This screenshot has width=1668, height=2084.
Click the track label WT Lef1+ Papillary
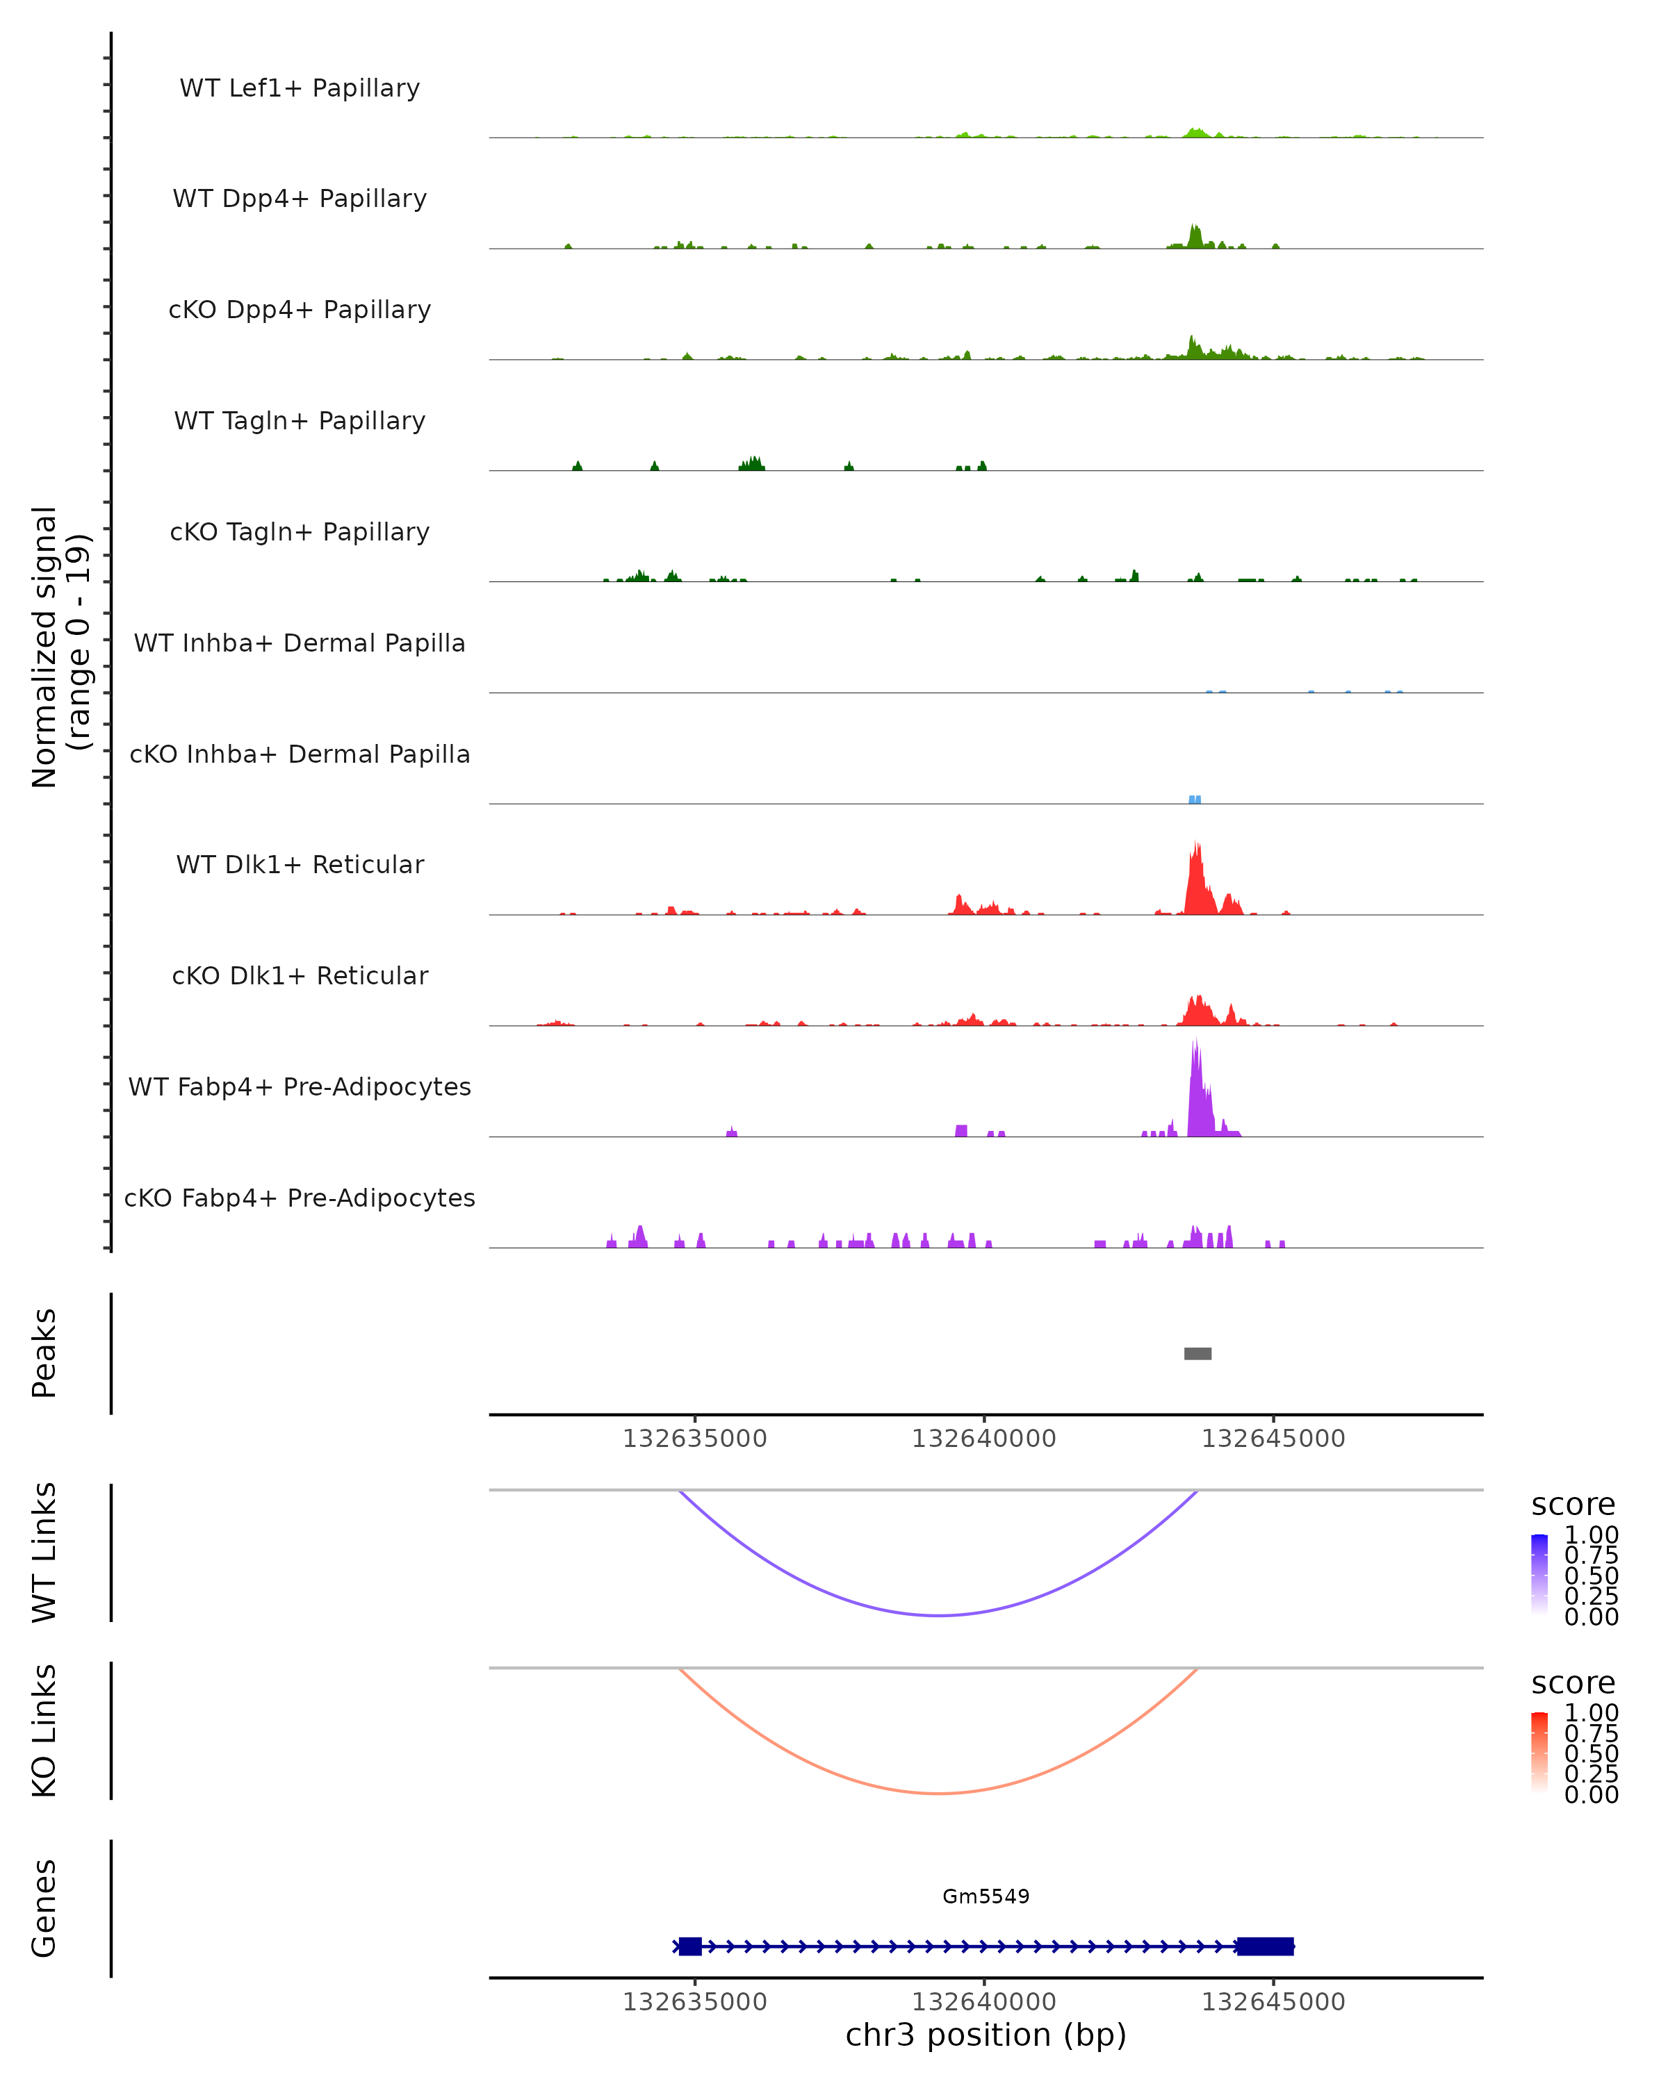coord(300,88)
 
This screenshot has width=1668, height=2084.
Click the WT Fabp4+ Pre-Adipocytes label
coord(300,1086)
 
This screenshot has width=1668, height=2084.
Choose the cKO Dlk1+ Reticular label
coord(300,975)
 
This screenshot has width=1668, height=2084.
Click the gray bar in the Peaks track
coord(1198,1353)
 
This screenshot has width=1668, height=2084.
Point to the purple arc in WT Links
coord(938,1615)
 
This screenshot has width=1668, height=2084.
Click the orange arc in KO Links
coord(938,1793)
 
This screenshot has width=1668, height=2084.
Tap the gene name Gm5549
coord(986,1896)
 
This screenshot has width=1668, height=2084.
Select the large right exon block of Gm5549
coord(1265,1946)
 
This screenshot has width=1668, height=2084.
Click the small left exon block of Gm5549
coord(689,1946)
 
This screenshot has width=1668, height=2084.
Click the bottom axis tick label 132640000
coord(984,2002)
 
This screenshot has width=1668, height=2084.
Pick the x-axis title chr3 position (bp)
coord(986,2035)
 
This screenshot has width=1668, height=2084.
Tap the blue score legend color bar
coord(1539,1575)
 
